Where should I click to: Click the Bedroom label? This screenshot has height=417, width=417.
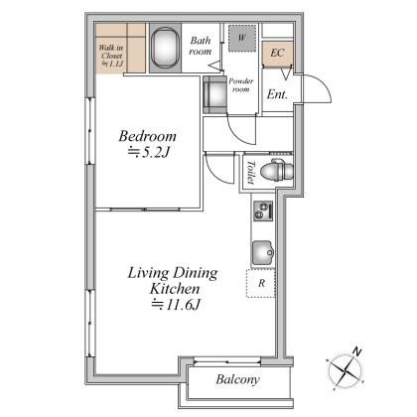pyautogui.click(x=148, y=136)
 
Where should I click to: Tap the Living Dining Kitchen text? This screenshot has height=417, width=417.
pyautogui.click(x=173, y=281)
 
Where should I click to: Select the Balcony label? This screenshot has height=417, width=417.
pyautogui.click(x=237, y=379)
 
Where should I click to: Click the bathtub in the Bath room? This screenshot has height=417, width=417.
pyautogui.click(x=165, y=48)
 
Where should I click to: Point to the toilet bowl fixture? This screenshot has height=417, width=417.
pyautogui.click(x=277, y=171)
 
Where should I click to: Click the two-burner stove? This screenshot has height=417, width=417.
pyautogui.click(x=263, y=210)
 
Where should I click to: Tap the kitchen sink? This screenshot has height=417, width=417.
pyautogui.click(x=263, y=253)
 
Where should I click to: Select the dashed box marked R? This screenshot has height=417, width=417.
pyautogui.click(x=261, y=283)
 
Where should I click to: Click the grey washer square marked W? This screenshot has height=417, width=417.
pyautogui.click(x=242, y=38)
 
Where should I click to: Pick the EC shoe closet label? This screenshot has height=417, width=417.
pyautogui.click(x=277, y=53)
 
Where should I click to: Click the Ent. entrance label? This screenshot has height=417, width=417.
pyautogui.click(x=277, y=94)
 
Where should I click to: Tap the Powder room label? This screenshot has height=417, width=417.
pyautogui.click(x=241, y=85)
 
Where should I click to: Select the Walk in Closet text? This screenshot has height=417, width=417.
pyautogui.click(x=111, y=56)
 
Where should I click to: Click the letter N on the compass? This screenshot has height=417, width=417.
pyautogui.click(x=356, y=352)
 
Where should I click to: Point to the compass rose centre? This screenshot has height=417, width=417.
pyautogui.click(x=346, y=371)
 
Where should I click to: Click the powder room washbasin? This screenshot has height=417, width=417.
pyautogui.click(x=214, y=95)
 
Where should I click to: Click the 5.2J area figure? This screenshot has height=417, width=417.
pyautogui.click(x=149, y=152)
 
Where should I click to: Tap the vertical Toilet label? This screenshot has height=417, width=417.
pyautogui.click(x=251, y=172)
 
